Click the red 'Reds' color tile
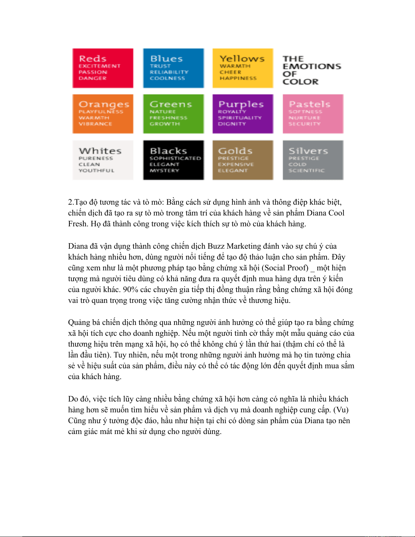click(x=103, y=68)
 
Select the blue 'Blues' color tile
click(x=173, y=68)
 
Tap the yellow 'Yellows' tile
click(x=243, y=68)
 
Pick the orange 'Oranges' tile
click(x=103, y=114)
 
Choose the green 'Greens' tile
click(x=173, y=114)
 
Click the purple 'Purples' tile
click(x=243, y=114)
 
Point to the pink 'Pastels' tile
click(x=313, y=114)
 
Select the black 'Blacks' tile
click(x=173, y=160)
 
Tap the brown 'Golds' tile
click(x=243, y=160)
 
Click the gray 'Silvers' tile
click(x=313, y=160)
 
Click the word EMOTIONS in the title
click(x=312, y=66)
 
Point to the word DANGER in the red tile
click(x=92, y=78)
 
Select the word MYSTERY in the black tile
click(x=164, y=170)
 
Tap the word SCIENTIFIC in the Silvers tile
click(x=306, y=170)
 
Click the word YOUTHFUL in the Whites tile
click(x=97, y=170)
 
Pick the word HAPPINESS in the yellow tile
click(x=238, y=78)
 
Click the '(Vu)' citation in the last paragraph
click(x=341, y=410)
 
